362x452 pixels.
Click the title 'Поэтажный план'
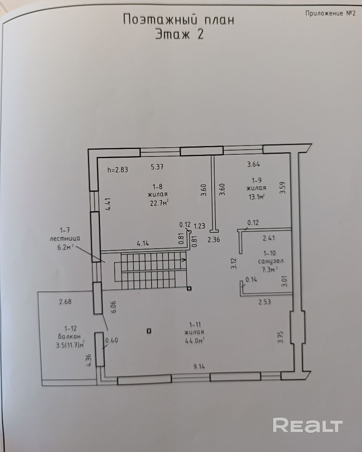tap(178, 20)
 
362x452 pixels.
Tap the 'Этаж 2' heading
tap(179, 34)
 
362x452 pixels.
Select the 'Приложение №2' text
tap(331, 13)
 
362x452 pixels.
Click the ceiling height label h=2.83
tap(118, 170)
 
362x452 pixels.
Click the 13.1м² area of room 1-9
tap(255, 196)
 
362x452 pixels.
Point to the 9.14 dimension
tap(199, 367)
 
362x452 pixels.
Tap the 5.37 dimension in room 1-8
tap(157, 167)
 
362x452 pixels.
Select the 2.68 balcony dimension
tap(66, 301)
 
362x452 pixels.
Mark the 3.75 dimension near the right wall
tap(281, 337)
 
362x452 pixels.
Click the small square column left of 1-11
tap(149, 331)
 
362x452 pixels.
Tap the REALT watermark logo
tap(308, 425)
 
